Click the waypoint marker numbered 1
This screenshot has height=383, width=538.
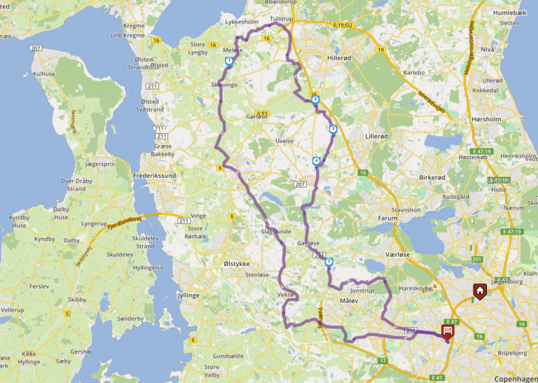coord(229,61)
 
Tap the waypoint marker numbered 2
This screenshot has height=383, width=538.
coord(315,99)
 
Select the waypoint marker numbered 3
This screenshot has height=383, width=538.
coord(332,129)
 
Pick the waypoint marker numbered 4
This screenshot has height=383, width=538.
coord(316,161)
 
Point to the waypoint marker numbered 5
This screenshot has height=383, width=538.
coord(328,263)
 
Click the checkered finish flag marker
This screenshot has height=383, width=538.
coord(447,330)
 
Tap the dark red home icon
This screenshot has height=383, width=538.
coord(479,290)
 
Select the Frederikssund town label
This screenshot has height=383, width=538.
coord(155,175)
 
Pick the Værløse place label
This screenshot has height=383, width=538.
coord(380,256)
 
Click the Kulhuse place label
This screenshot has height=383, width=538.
coord(44,74)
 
